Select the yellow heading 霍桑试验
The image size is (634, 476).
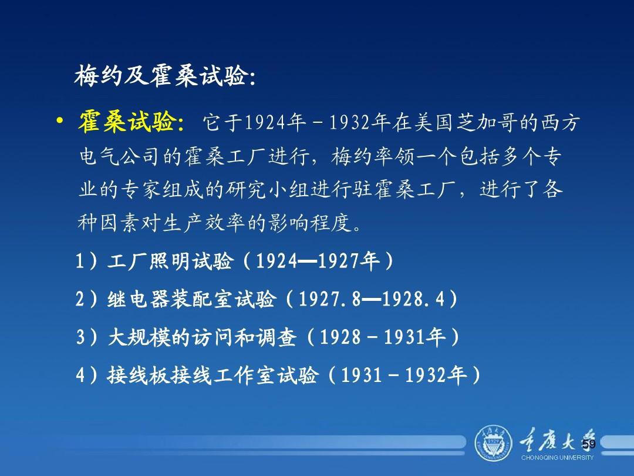(x=127, y=122)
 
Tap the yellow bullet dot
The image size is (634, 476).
(x=60, y=121)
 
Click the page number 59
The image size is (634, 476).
(x=589, y=444)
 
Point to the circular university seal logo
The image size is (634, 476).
(x=493, y=443)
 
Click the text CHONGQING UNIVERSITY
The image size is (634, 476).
(x=557, y=458)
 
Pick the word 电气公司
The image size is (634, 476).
(x=120, y=156)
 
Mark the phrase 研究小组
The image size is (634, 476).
(x=267, y=189)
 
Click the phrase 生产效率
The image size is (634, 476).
(x=204, y=223)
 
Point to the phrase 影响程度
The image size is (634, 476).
(x=310, y=223)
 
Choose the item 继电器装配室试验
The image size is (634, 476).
(x=191, y=300)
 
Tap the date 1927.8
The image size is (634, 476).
(x=329, y=300)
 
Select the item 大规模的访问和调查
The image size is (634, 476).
(x=202, y=337)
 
